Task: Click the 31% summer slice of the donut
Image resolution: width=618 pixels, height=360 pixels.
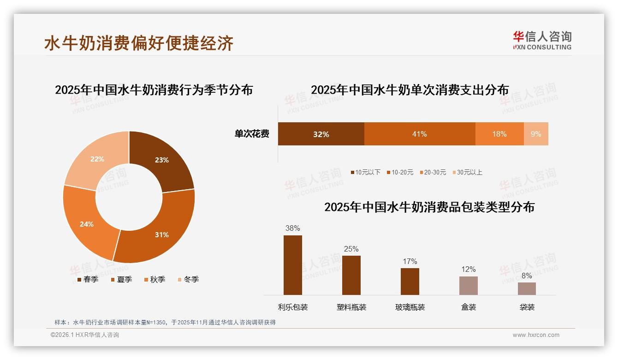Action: coord(159,231)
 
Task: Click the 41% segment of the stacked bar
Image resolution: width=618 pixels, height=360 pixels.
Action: coord(420,134)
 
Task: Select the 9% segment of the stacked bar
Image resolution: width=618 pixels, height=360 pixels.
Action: coord(536,134)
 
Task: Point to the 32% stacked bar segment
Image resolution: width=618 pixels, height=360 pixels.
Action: coord(321,134)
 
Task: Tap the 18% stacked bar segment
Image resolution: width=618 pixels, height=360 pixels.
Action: coord(499,134)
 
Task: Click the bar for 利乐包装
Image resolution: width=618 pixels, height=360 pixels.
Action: coord(293,265)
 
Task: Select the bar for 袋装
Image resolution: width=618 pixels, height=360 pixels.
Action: coord(527,288)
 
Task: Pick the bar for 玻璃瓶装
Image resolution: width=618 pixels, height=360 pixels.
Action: coord(410,281)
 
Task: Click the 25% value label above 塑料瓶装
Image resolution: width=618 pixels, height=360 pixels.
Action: coord(351,249)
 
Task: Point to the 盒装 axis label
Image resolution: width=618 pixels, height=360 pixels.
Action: coord(469,307)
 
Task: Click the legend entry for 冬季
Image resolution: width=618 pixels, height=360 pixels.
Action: coord(188,279)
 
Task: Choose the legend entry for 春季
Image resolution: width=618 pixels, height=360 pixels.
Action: coord(88,279)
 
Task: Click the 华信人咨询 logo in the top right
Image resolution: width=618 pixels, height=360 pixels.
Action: coord(542,40)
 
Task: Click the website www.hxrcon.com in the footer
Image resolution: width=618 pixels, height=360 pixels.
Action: coord(536,335)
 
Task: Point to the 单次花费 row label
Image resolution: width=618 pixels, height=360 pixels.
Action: coord(252,134)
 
